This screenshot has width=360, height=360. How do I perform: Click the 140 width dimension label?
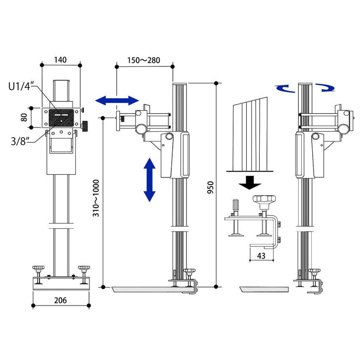[60, 60]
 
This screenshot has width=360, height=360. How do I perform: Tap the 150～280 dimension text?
[143, 60]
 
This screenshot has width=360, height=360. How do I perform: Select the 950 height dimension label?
[210, 187]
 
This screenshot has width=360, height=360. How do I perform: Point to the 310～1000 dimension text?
[96, 198]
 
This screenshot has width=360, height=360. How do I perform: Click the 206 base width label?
[60, 300]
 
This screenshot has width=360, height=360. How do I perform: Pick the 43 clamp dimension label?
[261, 256]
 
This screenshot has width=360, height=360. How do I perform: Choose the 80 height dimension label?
[24, 117]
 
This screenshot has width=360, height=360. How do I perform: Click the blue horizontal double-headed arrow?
[117, 100]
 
